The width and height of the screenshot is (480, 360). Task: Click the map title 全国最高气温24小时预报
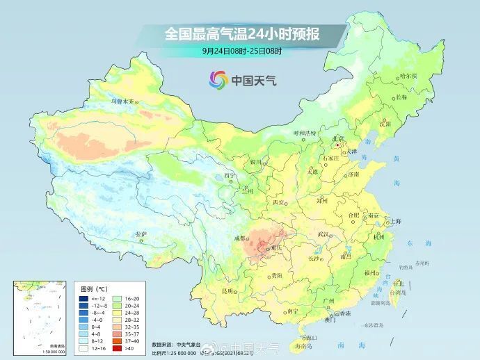[x=240, y=33]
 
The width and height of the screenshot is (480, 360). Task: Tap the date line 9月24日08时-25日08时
[x=240, y=51]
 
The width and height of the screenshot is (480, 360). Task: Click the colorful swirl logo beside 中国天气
[x=219, y=80]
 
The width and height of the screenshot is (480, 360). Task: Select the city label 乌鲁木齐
[x=122, y=101]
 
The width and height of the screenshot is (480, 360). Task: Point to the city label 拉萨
[x=141, y=234]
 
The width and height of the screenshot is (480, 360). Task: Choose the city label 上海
[x=396, y=220]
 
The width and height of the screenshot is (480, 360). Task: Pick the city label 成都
[x=240, y=238]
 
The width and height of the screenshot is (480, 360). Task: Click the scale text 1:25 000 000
[x=179, y=353]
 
